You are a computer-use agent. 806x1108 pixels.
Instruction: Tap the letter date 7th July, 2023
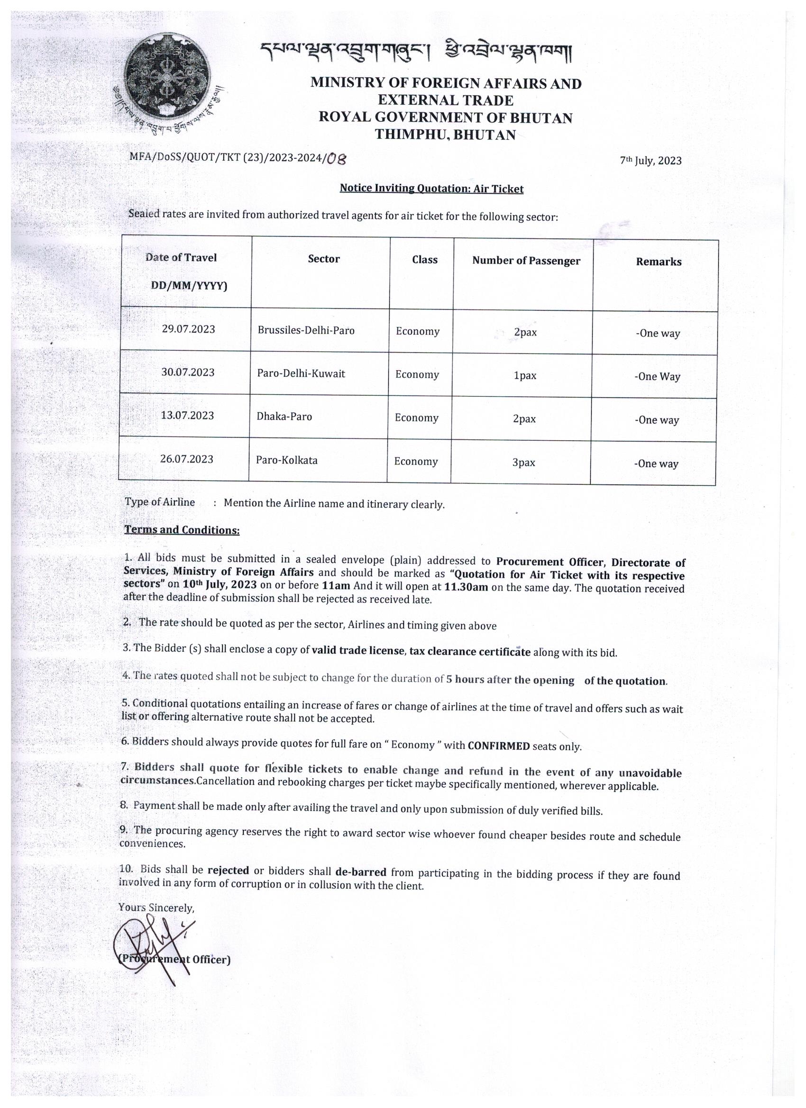[x=650, y=160]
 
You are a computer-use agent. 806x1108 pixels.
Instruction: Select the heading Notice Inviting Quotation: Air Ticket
[x=431, y=189]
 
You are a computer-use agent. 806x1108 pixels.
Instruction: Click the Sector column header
[x=323, y=259]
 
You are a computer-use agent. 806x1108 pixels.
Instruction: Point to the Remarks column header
[x=658, y=262]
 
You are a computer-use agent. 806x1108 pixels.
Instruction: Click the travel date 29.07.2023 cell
[x=188, y=329]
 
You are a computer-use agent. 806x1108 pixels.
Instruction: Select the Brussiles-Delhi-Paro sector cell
[x=306, y=330]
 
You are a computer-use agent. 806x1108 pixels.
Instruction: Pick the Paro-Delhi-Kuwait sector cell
[x=301, y=374]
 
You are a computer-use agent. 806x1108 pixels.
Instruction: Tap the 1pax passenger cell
[x=524, y=376]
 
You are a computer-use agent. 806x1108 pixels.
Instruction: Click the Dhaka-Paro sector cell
[x=284, y=417]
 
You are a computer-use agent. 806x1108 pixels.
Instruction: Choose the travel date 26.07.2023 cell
[x=187, y=459]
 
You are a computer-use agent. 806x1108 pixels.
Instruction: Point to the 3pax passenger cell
[x=523, y=463]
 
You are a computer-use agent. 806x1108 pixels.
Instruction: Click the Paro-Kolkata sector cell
[x=286, y=460]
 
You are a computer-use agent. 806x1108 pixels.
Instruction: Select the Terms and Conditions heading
[x=182, y=530]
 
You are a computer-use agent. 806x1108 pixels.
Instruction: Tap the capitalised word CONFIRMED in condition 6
[x=499, y=746]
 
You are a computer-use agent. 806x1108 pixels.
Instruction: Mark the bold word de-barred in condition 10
[x=361, y=872]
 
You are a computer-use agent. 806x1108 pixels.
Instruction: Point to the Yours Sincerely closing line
[x=156, y=907]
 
